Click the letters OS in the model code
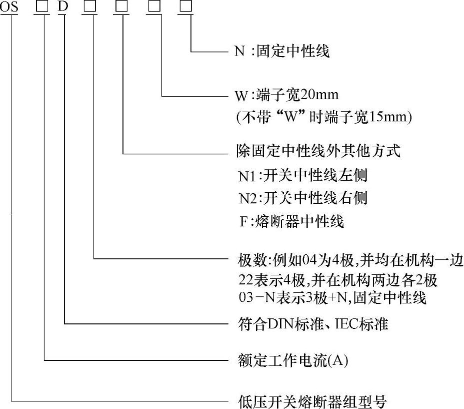[9, 8]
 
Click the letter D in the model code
[62, 8]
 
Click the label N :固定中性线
[282, 51]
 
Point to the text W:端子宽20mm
[287, 95]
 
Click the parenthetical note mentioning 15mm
[323, 117]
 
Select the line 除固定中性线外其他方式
[318, 151]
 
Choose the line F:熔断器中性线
[292, 221]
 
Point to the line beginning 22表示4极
[338, 280]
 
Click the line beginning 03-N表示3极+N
[332, 298]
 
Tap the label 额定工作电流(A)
[292, 360]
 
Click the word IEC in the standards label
[341, 324]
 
